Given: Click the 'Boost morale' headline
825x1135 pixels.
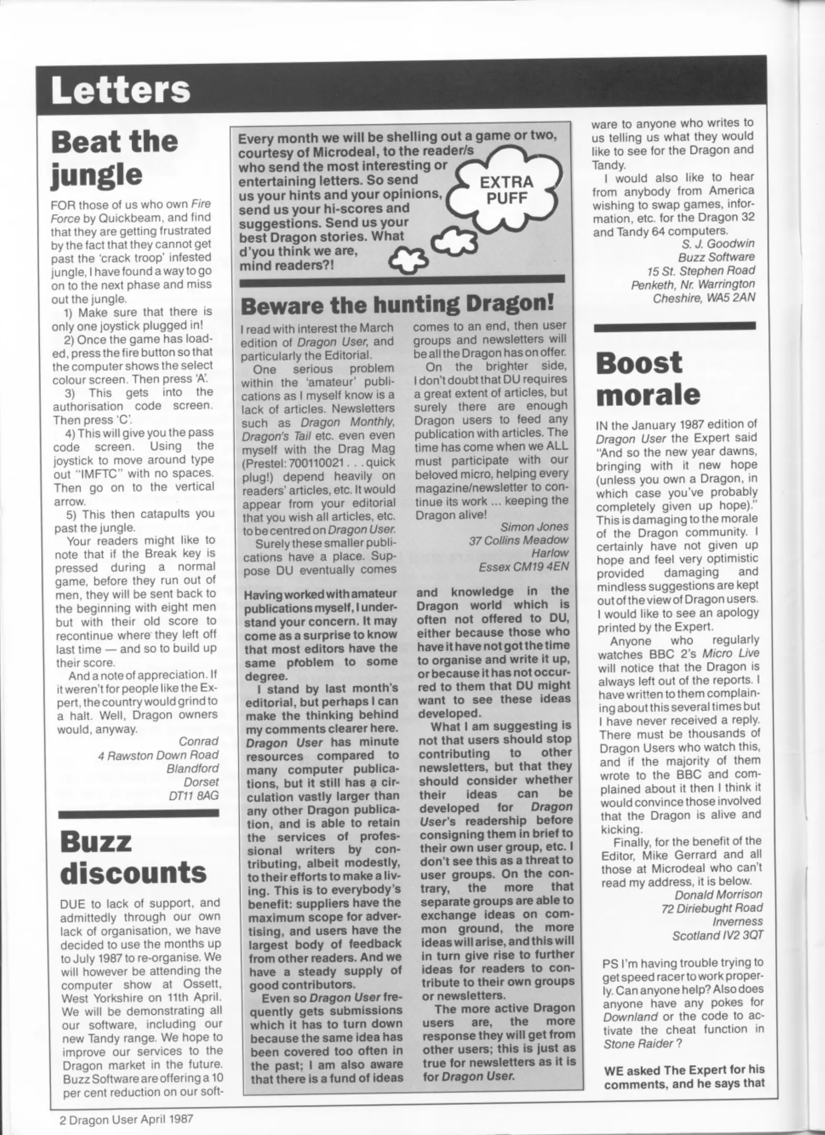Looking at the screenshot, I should [x=648, y=378].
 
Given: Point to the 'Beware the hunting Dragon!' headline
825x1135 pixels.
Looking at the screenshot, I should [x=397, y=305].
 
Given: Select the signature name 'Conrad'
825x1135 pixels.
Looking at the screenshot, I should [x=198, y=741].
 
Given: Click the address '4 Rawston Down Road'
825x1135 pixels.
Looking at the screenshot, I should [x=158, y=755].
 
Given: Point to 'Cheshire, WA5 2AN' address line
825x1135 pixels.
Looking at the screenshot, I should [x=703, y=298].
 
